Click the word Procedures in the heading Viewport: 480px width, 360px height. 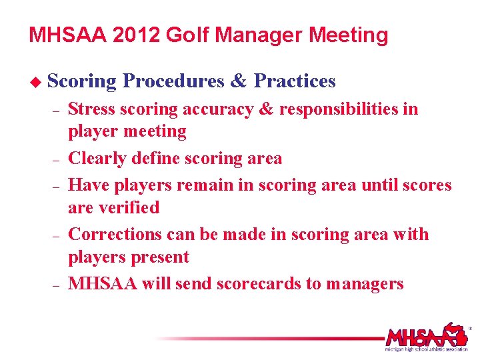click(174, 81)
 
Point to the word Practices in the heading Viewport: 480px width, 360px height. click(295, 81)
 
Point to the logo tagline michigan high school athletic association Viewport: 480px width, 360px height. click(426, 349)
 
